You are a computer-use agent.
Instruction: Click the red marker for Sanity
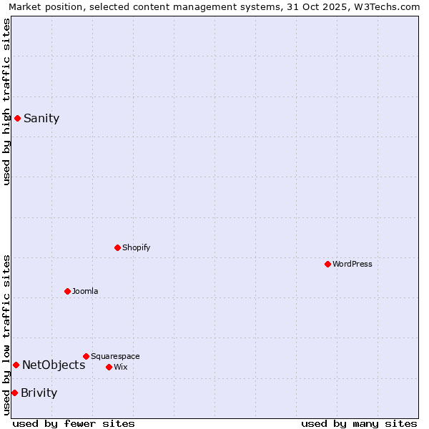17,118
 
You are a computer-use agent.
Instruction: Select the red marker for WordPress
327,264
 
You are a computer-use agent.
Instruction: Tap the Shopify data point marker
117,247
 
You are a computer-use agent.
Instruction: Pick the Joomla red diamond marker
67,291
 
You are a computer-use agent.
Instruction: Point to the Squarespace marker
86,356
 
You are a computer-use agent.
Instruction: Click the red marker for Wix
109,367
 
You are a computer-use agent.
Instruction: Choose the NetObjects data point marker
16,365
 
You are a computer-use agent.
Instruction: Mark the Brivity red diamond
14,393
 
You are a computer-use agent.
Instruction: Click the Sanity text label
41,119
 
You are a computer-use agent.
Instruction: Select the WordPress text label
352,264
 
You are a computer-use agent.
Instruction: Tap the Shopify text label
136,247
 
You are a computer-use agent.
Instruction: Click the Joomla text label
85,291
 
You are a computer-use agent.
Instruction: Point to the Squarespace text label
115,356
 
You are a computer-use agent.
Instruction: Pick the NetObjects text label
54,365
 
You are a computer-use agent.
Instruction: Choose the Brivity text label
39,393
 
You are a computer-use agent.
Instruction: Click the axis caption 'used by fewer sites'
74,423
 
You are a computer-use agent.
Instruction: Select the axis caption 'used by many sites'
359,423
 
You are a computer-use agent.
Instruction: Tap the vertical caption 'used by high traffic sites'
6,102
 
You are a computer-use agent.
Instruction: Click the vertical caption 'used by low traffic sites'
6,335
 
